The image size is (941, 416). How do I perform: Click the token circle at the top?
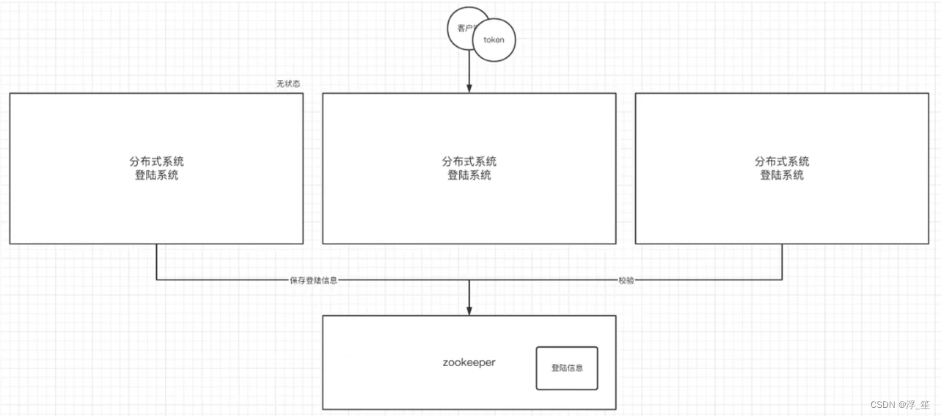[x=494, y=40]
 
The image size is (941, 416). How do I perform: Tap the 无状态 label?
[x=288, y=84]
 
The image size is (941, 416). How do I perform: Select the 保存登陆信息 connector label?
[x=313, y=280]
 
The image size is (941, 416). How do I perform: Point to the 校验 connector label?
[x=626, y=280]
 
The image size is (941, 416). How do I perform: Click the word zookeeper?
[x=469, y=362]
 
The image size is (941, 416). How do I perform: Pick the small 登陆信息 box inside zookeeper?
[x=567, y=368]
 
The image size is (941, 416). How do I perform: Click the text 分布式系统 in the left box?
[x=156, y=162]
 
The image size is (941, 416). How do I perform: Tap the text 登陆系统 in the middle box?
[x=469, y=175]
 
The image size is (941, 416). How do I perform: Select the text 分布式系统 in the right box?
[x=782, y=162]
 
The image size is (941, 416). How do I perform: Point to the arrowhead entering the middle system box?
[x=469, y=88]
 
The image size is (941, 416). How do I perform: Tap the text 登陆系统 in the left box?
[x=156, y=175]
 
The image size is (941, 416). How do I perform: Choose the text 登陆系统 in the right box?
[x=782, y=175]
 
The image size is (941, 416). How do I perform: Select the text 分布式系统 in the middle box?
[x=469, y=162]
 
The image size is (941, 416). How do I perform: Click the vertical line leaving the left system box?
[x=156, y=261]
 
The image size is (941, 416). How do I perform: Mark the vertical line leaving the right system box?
[x=782, y=261]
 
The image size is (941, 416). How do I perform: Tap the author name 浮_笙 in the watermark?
[x=919, y=405]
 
